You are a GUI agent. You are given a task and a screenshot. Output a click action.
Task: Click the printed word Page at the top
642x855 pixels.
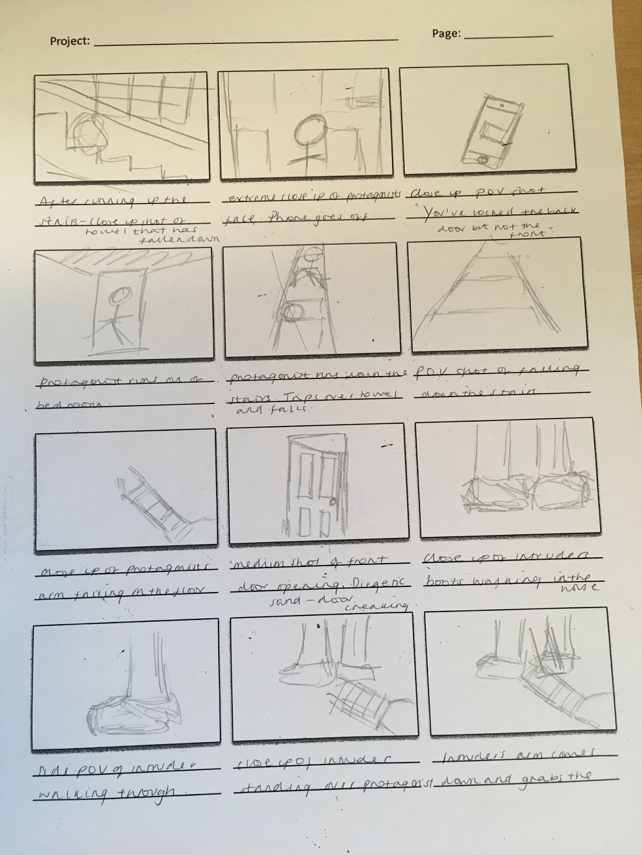pyautogui.click(x=446, y=34)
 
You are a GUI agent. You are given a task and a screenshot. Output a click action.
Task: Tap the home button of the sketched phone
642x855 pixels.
pyautogui.click(x=484, y=159)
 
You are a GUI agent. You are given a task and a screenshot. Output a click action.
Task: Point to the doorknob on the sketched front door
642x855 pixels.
pyautogui.click(x=334, y=501)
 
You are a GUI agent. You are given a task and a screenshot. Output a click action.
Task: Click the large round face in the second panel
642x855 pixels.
pyautogui.click(x=310, y=131)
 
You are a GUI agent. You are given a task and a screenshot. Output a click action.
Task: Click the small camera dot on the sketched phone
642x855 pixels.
pyautogui.click(x=501, y=107)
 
